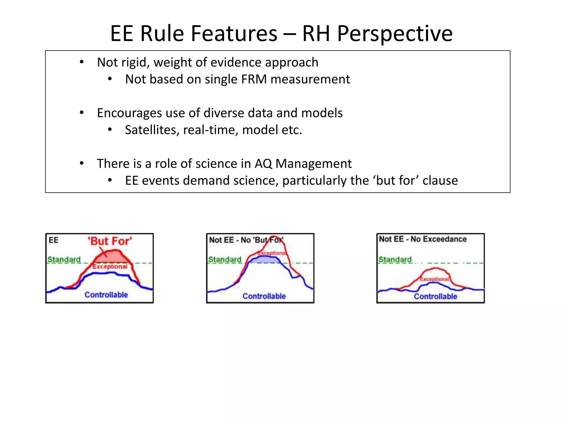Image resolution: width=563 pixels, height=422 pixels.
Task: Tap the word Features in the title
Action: (234, 34)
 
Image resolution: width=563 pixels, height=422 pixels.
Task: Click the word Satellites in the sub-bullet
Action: (151, 130)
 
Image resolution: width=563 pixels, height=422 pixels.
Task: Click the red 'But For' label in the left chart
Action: (110, 241)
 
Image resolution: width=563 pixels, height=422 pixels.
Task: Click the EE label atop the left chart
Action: (53, 240)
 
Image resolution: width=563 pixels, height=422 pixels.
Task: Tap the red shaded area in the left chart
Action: (111, 257)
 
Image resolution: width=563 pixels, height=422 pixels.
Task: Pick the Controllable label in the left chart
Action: (106, 295)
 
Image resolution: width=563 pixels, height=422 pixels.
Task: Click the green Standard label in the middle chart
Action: (225, 259)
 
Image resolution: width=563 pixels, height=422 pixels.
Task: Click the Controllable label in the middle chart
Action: (264, 296)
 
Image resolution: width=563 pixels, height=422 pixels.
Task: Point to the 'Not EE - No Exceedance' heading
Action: (423, 239)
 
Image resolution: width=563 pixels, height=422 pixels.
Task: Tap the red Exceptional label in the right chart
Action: (434, 279)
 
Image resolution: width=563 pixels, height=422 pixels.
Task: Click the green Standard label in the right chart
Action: (395, 259)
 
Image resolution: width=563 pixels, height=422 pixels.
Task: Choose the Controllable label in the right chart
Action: (435, 296)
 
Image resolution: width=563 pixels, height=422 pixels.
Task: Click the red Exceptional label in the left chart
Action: (110, 267)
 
